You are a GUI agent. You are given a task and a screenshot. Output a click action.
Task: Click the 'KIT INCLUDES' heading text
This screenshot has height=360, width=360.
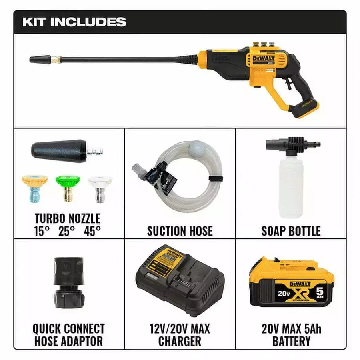coord(74,22)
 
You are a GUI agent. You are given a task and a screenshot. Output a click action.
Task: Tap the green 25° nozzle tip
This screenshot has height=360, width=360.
coord(68,188)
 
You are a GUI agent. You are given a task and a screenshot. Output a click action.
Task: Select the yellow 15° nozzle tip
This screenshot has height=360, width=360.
coord(35,189)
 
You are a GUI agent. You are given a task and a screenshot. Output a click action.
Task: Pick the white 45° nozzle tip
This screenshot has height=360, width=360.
coord(100,189)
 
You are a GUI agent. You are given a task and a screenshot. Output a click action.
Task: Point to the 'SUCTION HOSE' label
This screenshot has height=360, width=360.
coord(180,231)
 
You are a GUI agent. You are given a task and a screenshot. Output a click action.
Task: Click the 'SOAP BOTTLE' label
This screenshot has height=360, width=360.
coord(291,231)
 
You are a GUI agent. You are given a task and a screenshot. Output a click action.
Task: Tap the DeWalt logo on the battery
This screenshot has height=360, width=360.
coord(300,284)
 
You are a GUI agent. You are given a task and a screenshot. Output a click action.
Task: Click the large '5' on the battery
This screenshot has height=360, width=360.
coord(320,292)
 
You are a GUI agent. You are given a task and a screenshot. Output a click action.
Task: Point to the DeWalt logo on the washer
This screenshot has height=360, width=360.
coord(264,58)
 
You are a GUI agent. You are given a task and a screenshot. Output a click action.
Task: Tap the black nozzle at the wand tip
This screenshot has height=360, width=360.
coord(40,60)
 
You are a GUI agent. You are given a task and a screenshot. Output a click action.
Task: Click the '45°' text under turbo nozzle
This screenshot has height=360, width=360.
coord(92,231)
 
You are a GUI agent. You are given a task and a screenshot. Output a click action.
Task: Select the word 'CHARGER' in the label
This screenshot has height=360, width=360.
coord(180,341)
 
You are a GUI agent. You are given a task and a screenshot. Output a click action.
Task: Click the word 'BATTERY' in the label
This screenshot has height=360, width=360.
coord(291,341)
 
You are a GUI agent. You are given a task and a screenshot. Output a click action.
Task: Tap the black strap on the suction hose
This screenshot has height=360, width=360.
coord(216,179)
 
